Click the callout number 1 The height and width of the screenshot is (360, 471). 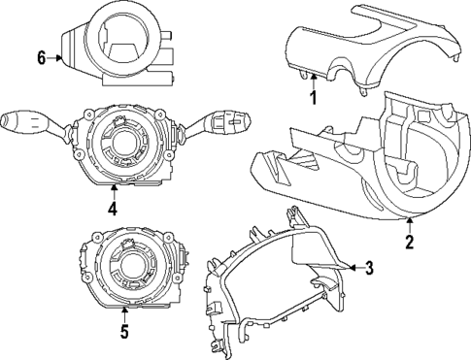click(313, 97)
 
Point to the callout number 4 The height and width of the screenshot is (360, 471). click(113, 208)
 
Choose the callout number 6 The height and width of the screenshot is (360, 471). click(41, 58)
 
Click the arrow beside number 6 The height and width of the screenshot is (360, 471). click(56, 58)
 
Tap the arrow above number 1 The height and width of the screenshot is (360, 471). click(313, 82)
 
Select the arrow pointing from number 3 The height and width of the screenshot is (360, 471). click(352, 267)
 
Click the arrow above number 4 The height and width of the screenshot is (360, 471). click(113, 190)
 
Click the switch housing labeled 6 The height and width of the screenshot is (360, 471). click(117, 44)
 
